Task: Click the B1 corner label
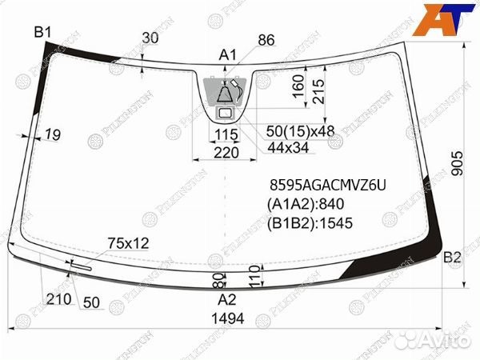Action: point(43,32)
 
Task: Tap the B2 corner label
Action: point(453,258)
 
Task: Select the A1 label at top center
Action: point(228,55)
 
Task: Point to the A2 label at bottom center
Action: point(227,299)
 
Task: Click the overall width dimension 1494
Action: point(228,318)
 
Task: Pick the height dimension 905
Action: point(458,163)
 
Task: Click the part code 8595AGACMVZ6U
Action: point(327,186)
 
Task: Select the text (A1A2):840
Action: point(306,204)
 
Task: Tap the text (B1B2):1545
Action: point(310,223)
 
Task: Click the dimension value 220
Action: point(226,153)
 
